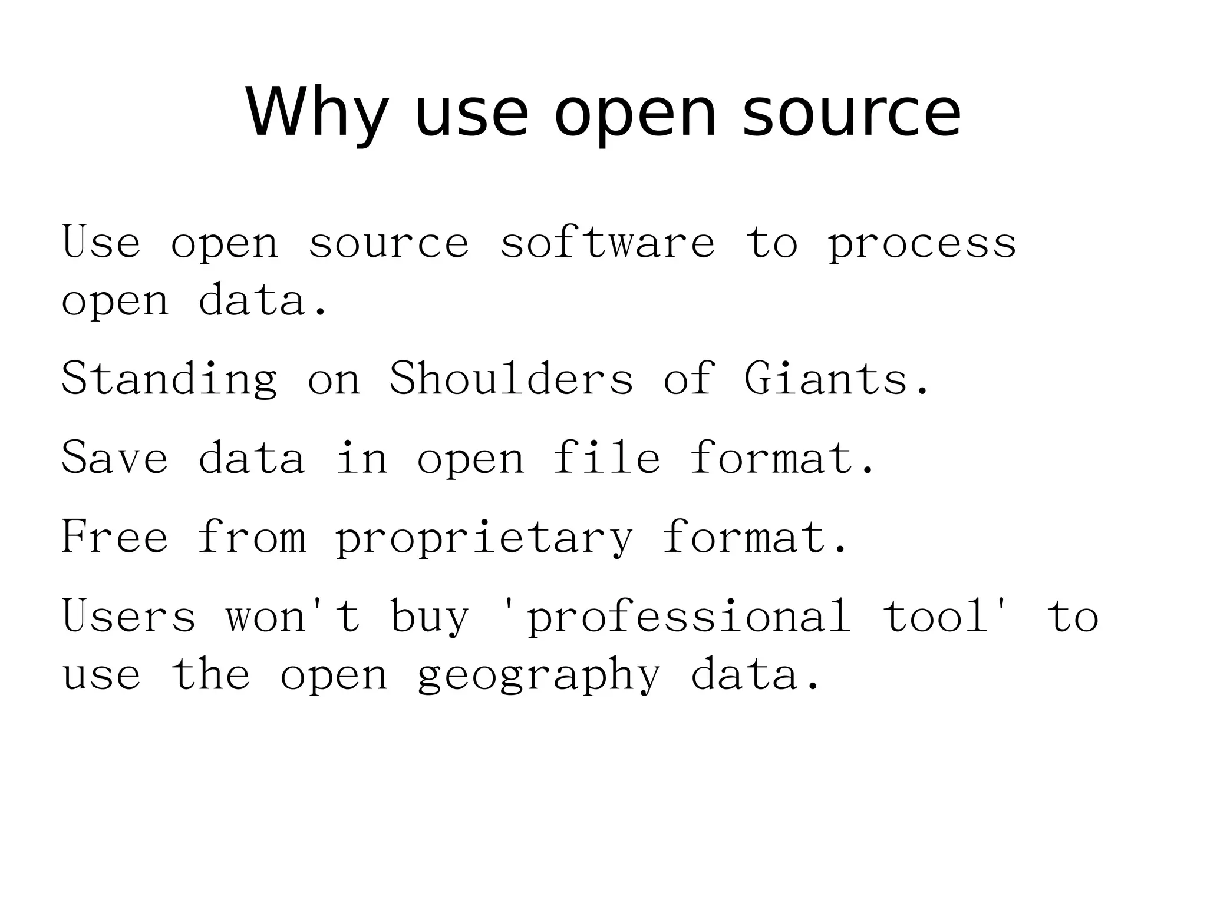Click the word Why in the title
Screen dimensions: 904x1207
[x=316, y=112]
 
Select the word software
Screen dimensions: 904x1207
[x=607, y=242]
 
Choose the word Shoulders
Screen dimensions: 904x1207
[x=511, y=378]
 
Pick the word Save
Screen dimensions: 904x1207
[x=115, y=457]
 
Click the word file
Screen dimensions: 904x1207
[x=606, y=457]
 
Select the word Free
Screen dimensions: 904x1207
[x=115, y=537]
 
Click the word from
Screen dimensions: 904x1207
[x=252, y=537]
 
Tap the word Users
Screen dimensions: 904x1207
[x=129, y=616]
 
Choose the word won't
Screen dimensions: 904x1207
[x=293, y=616]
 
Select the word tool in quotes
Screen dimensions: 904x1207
[x=936, y=616]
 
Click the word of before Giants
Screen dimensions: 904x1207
[x=689, y=378]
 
